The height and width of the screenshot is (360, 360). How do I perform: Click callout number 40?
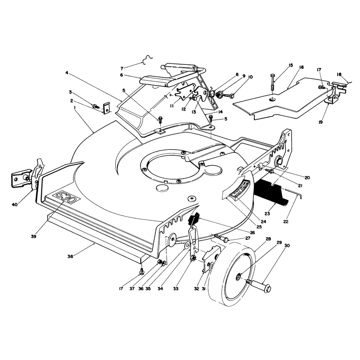[x=14, y=204]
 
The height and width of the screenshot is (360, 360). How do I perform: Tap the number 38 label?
[x=70, y=256]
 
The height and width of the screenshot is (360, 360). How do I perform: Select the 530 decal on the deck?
[x=66, y=197]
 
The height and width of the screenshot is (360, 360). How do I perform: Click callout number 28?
[x=268, y=239]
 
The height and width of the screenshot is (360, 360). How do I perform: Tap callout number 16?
[x=301, y=67]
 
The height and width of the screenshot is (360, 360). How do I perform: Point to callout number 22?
[x=286, y=221]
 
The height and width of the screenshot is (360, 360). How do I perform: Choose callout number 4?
[x=67, y=72]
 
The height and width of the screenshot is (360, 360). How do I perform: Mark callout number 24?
[x=263, y=222]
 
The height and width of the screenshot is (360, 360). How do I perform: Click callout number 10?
[x=250, y=77]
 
